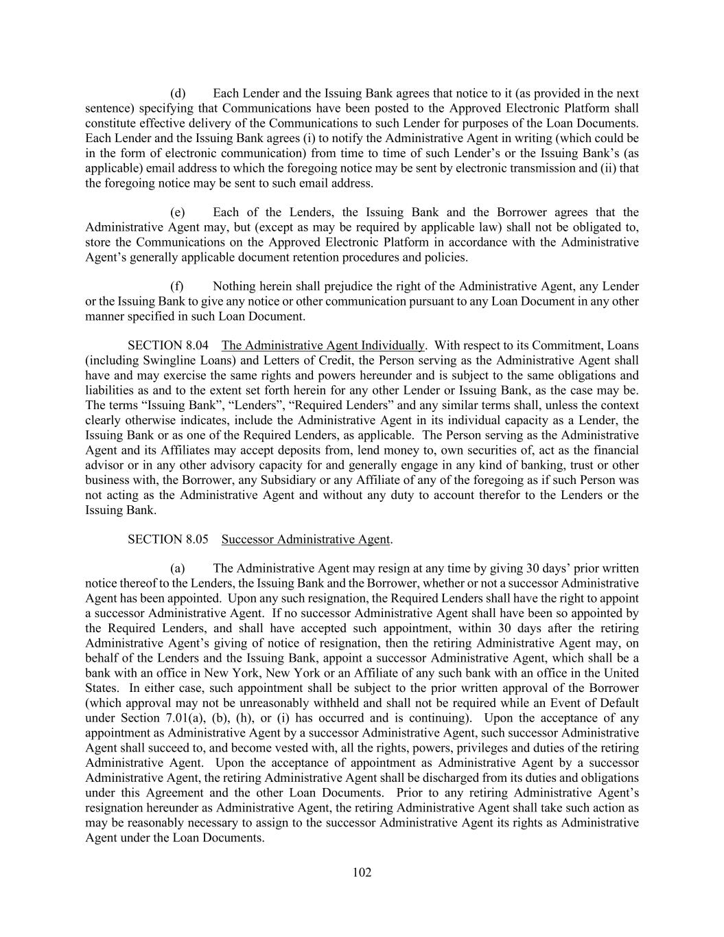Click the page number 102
tap(362, 872)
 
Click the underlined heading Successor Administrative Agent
tap(306, 540)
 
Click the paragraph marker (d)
tap(178, 93)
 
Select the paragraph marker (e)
tap(178, 213)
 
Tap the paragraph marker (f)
tap(178, 286)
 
